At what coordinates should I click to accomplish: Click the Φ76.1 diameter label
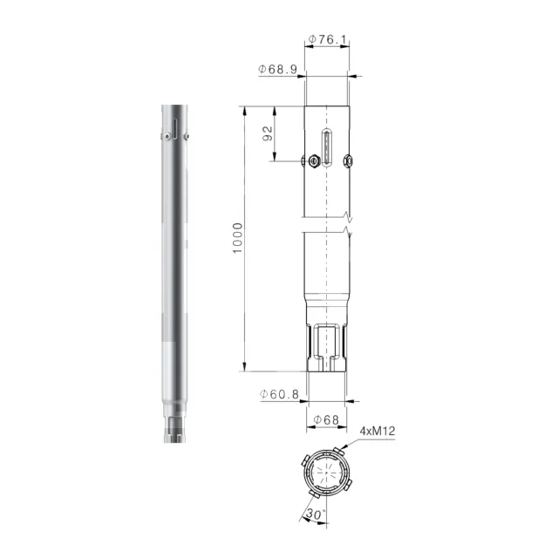(327, 39)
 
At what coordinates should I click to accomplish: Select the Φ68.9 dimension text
(277, 69)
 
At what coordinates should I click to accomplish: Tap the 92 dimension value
(268, 133)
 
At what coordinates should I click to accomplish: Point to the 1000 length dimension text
(237, 238)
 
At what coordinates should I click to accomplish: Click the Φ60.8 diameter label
(279, 394)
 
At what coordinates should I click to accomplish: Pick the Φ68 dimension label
(326, 420)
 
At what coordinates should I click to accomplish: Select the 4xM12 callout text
(378, 431)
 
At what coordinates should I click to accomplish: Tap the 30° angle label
(316, 514)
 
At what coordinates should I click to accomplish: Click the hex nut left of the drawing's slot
(314, 161)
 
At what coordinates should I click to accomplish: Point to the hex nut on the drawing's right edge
(348, 160)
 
